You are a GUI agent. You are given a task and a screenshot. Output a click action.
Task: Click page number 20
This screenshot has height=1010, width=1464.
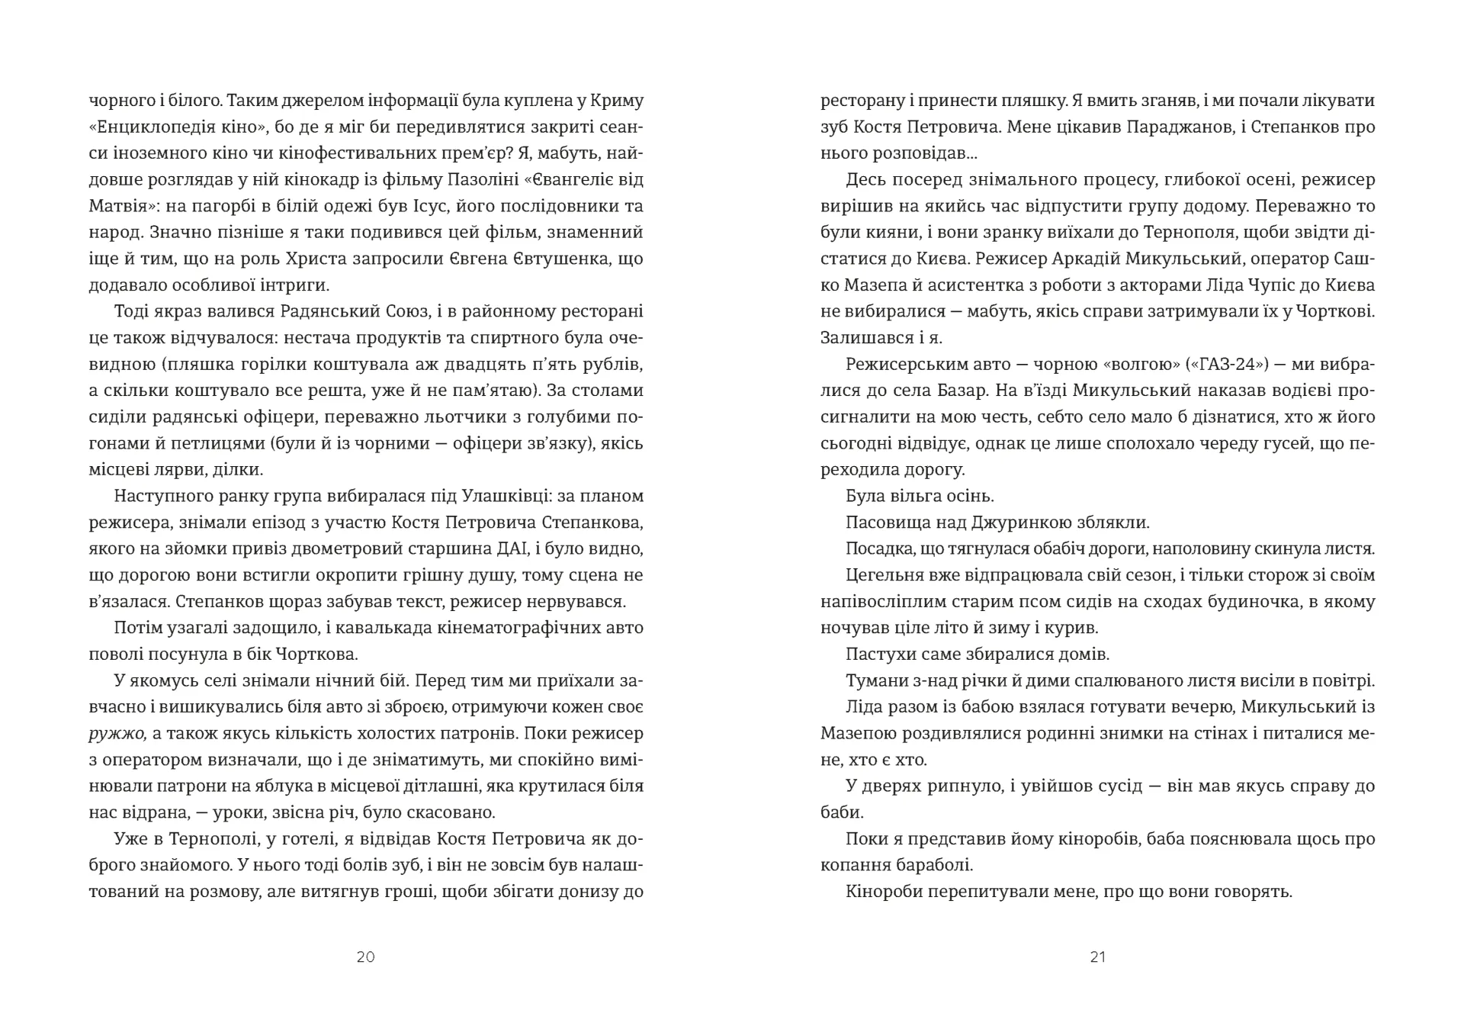pos(365,957)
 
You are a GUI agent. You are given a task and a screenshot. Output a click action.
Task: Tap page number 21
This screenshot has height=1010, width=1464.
pos(1097,957)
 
